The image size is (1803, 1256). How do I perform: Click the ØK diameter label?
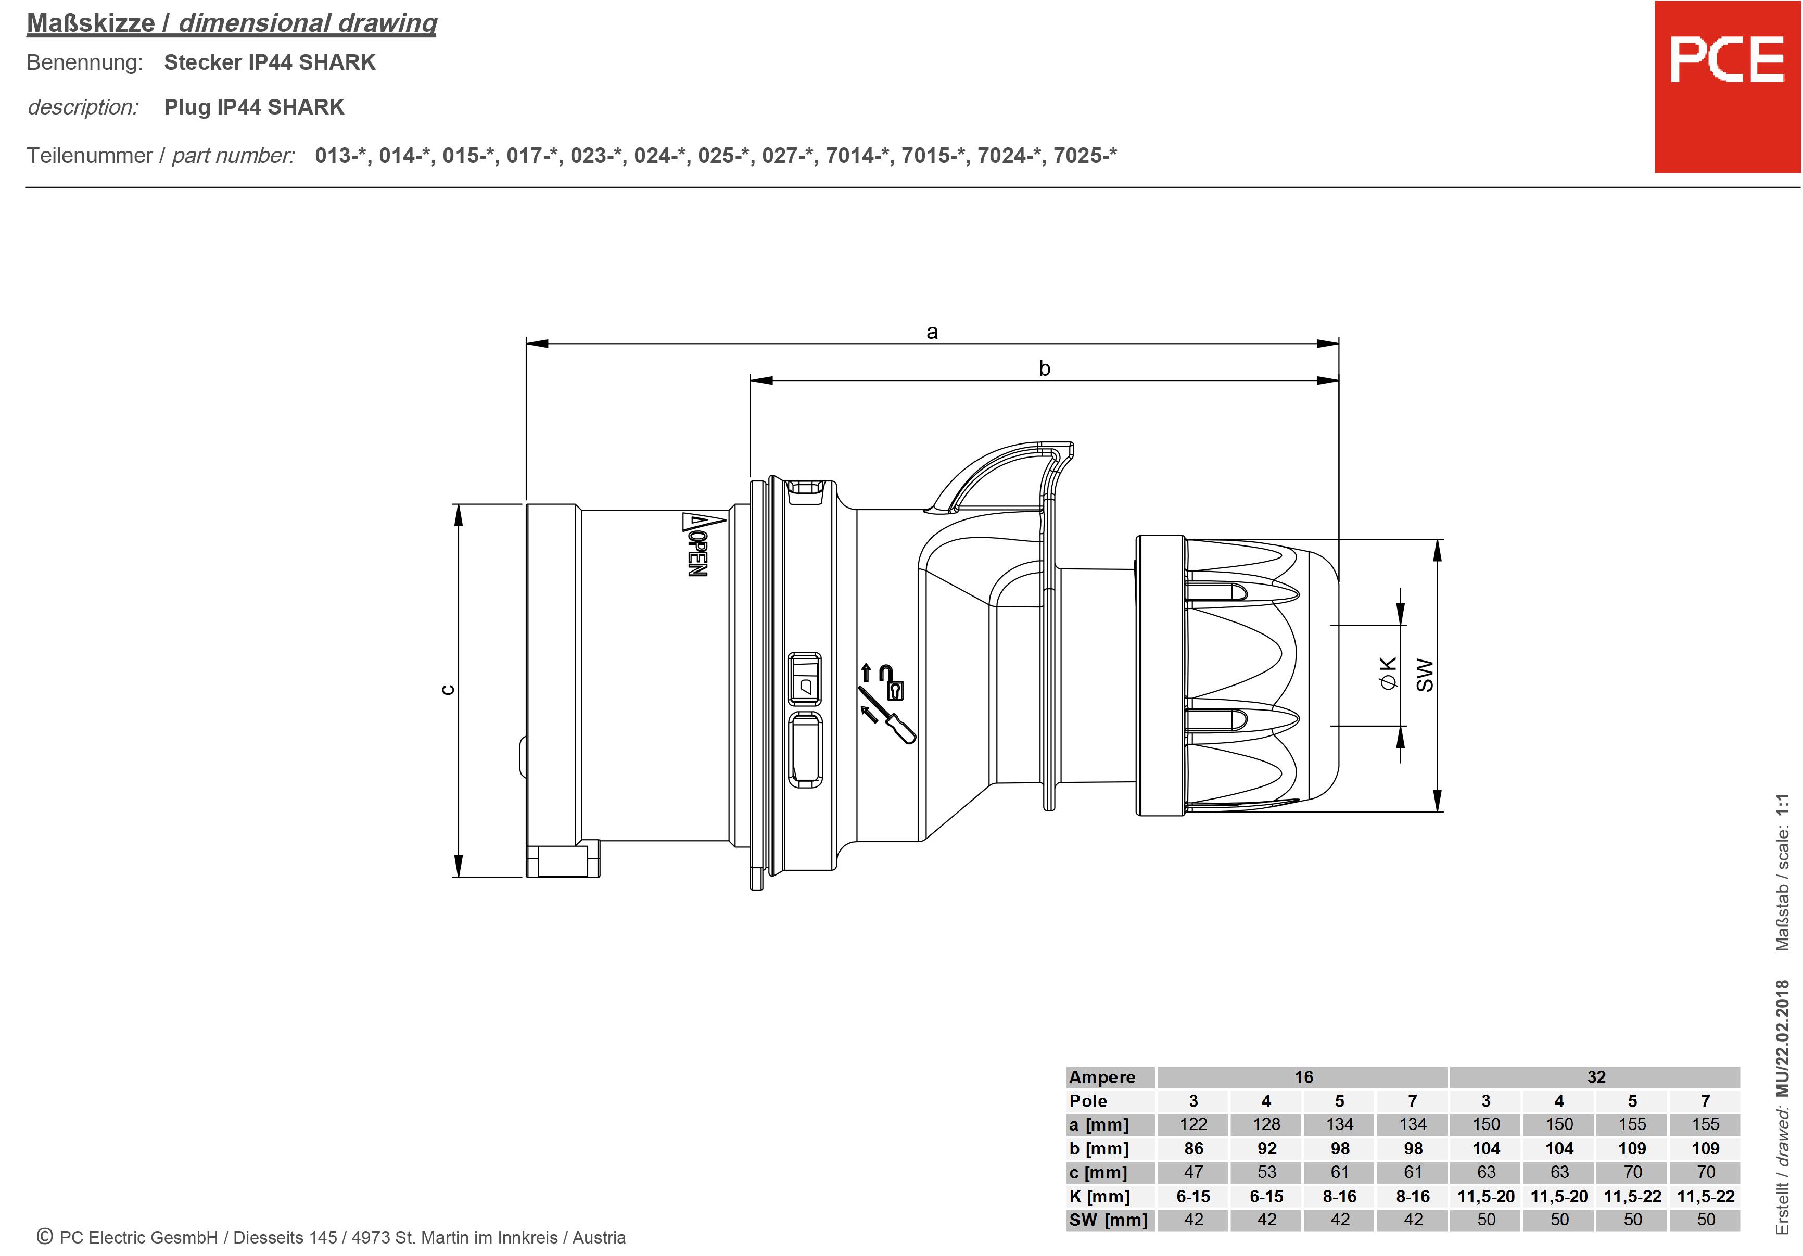[x=1388, y=673]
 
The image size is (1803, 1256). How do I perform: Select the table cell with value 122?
[x=1193, y=1124]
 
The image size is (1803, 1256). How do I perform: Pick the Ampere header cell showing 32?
[x=1596, y=1077]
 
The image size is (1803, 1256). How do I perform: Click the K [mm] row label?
[x=1099, y=1196]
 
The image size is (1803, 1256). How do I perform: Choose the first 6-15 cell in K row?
[x=1193, y=1196]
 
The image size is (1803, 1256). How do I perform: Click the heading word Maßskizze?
[x=91, y=23]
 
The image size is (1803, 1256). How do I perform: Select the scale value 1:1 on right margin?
[x=1783, y=807]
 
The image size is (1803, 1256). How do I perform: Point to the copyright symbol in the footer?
[x=45, y=1236]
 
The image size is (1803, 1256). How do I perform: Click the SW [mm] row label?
[x=1107, y=1220]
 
